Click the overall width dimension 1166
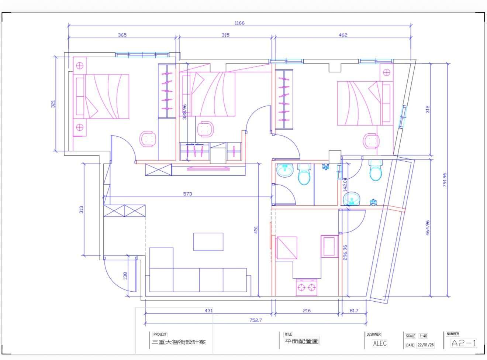pyautogui.click(x=239, y=23)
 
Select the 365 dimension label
pyautogui.click(x=122, y=35)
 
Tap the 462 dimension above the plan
pyautogui.click(x=343, y=35)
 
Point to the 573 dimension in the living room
pyautogui.click(x=187, y=194)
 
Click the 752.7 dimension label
pyautogui.click(x=256, y=320)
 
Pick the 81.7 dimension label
pyautogui.click(x=354, y=311)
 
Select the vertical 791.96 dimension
pyautogui.click(x=445, y=180)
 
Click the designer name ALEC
pyautogui.click(x=380, y=343)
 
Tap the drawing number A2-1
pyautogui.click(x=464, y=343)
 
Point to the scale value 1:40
pyautogui.click(x=423, y=336)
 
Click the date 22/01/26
pyautogui.click(x=426, y=345)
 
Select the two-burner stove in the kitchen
pyautogui.click(x=306, y=287)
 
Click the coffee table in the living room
pyautogui.click(x=208, y=242)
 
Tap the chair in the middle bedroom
pyautogui.click(x=205, y=129)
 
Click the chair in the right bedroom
pyautogui.click(x=371, y=141)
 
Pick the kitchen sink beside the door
pyautogui.click(x=329, y=246)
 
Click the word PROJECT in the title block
pyautogui.click(x=160, y=334)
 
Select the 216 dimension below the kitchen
pyautogui.click(x=307, y=311)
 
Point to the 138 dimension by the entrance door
pyautogui.click(x=125, y=276)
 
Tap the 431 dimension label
pyautogui.click(x=208, y=311)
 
